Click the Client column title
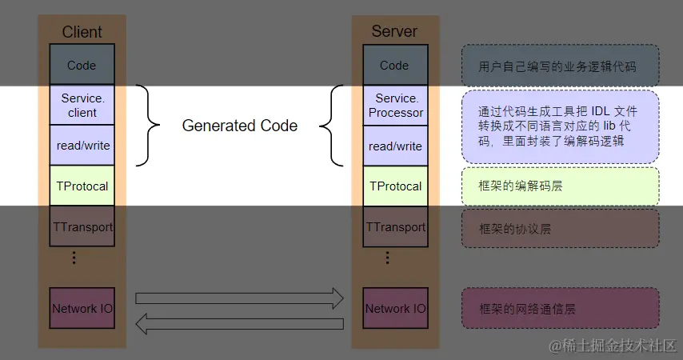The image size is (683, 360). click(82, 32)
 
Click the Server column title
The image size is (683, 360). click(394, 32)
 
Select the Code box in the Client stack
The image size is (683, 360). click(82, 65)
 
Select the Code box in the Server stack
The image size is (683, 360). click(394, 65)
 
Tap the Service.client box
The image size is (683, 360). click(82, 105)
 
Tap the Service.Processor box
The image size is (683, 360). click(395, 105)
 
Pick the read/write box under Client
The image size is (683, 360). click(82, 146)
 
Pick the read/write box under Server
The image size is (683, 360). click(395, 146)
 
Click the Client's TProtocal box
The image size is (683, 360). click(82, 186)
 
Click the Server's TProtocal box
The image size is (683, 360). click(395, 186)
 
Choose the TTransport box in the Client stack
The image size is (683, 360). click(82, 227)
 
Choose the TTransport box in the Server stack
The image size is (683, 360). click(395, 227)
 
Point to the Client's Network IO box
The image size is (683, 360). click(82, 308)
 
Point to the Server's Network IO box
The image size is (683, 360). click(395, 308)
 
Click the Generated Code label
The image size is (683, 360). click(240, 126)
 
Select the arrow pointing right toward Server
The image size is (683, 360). click(239, 298)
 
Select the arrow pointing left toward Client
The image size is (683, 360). click(239, 324)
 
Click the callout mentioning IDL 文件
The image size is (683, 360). click(560, 126)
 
